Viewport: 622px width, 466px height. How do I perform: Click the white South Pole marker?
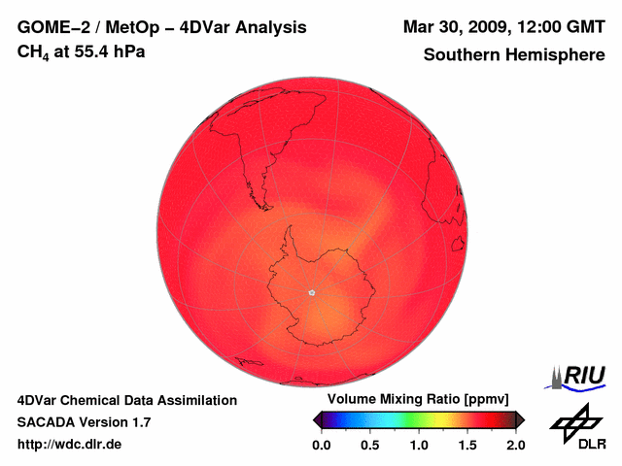pos(311,292)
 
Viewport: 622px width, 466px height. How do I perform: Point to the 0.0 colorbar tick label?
pos(321,446)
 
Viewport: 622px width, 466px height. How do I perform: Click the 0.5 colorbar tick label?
pos(369,446)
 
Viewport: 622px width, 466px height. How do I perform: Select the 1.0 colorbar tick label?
pos(418,446)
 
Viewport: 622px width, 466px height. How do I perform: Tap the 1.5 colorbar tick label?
pos(467,446)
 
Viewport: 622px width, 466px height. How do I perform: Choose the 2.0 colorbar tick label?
pos(515,446)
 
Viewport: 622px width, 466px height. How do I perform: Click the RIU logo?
pos(581,376)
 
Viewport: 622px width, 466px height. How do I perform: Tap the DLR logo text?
pos(592,445)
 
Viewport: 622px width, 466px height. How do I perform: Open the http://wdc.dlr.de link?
pos(70,445)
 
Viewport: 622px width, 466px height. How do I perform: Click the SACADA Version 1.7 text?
pos(84,422)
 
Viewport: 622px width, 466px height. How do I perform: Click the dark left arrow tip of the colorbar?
pos(316,419)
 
